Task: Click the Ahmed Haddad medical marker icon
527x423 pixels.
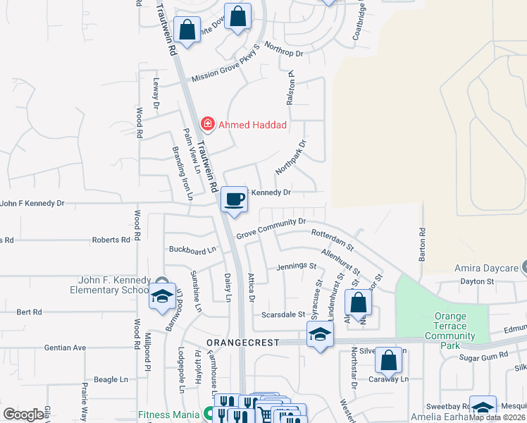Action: point(208,125)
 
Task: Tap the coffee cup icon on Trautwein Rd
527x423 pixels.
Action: point(234,199)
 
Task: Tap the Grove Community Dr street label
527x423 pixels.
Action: point(271,228)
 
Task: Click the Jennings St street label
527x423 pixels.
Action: point(296,266)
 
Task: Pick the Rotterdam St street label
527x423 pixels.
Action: point(332,238)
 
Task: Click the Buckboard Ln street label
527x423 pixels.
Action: point(192,250)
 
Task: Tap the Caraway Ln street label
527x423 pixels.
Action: point(389,379)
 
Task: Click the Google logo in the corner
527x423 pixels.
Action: point(23,415)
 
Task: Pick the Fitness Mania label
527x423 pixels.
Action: point(168,415)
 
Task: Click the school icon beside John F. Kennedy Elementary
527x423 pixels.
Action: point(162,297)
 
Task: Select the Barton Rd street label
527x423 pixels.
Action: point(423,244)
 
